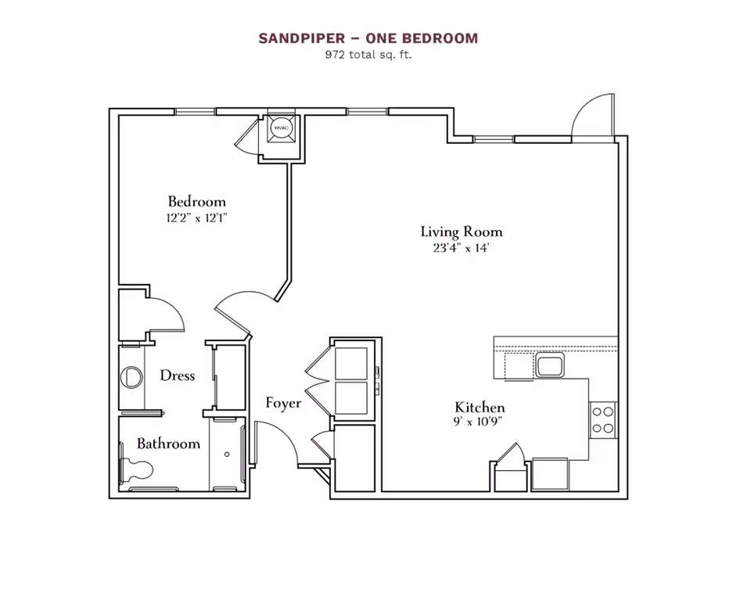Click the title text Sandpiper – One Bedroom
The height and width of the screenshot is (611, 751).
[368, 38]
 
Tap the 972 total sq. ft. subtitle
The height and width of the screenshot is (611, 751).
[368, 55]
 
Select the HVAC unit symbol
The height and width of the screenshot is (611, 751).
[281, 128]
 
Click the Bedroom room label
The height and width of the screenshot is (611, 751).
[196, 202]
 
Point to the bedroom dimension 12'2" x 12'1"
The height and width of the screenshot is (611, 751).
[196, 218]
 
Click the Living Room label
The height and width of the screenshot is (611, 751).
[461, 232]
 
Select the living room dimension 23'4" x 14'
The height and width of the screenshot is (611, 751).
[461, 248]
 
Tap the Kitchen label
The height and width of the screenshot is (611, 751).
[480, 408]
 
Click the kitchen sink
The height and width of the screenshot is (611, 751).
[550, 365]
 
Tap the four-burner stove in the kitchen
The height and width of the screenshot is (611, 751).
[603, 419]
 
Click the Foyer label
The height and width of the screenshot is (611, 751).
[282, 404]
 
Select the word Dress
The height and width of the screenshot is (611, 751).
[177, 376]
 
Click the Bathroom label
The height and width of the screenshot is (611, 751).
[168, 444]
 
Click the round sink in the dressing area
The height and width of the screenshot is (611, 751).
[131, 377]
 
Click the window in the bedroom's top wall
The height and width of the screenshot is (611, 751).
[195, 112]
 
